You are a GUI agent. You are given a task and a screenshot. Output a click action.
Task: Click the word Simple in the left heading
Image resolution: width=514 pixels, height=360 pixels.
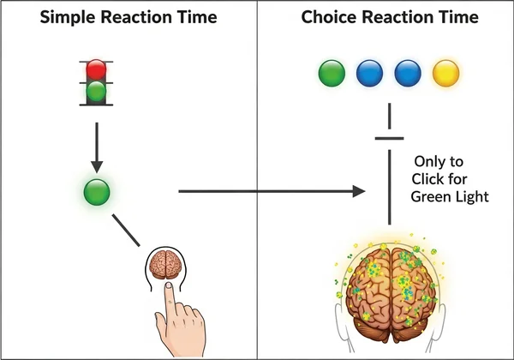tap(54, 19)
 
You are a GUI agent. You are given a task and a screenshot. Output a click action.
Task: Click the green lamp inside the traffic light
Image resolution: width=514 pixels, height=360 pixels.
tap(98, 91)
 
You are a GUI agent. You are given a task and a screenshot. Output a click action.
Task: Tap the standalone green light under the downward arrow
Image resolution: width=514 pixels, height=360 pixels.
tap(96, 192)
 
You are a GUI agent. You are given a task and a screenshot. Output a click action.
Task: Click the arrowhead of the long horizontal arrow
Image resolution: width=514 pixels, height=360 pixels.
tap(360, 192)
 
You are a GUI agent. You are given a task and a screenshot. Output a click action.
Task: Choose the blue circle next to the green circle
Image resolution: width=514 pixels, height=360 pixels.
tap(369, 73)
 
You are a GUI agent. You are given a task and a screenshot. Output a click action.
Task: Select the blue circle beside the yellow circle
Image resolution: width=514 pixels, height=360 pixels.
tap(408, 73)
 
